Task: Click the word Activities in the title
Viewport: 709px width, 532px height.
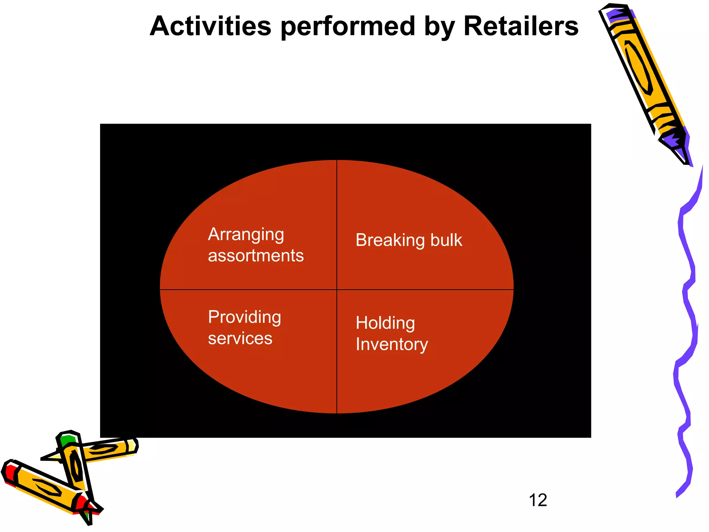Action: [210, 26]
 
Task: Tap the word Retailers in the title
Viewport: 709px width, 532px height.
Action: [521, 26]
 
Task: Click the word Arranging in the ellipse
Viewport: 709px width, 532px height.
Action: [246, 235]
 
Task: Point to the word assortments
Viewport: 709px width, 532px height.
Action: [255, 256]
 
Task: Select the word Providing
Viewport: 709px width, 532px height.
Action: [244, 318]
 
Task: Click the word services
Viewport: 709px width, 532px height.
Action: [240, 338]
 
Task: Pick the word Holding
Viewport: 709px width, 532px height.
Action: [385, 323]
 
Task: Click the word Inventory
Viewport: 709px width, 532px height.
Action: [392, 344]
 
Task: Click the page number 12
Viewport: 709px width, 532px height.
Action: [538, 500]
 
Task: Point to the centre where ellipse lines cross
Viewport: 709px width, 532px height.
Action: [337, 290]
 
